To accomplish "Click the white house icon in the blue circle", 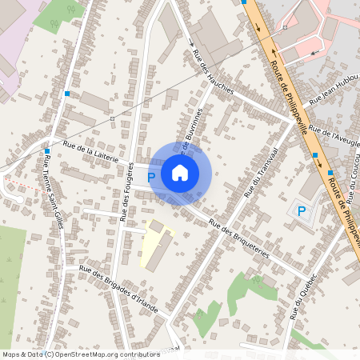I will point(180,172).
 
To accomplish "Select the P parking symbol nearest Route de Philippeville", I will point(301,211).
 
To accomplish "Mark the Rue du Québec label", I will point(305,295).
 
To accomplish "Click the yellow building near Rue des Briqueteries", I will point(157,245).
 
